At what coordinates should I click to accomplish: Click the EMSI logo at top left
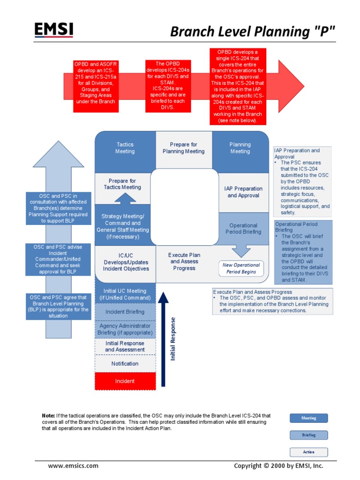(53, 30)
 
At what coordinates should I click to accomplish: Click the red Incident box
(125, 381)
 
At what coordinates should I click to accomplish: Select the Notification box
(125, 364)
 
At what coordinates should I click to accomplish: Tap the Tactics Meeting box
(125, 148)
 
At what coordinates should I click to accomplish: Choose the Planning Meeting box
(240, 148)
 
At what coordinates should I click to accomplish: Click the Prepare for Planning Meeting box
(183, 148)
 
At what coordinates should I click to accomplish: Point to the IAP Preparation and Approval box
(243, 192)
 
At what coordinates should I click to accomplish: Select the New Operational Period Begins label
(240, 269)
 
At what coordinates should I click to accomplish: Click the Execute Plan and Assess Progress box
(184, 262)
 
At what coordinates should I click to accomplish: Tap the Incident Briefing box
(125, 312)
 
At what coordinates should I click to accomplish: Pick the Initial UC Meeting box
(125, 294)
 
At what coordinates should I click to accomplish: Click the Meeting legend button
(308, 418)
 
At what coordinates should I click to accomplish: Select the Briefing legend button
(308, 435)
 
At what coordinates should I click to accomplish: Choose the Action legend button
(308, 452)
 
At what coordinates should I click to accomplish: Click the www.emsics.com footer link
(73, 465)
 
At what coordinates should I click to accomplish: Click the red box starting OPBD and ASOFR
(95, 86)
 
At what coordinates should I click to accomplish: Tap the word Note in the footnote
(48, 416)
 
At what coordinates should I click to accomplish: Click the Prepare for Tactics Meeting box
(122, 184)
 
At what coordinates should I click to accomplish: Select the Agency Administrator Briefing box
(125, 329)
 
